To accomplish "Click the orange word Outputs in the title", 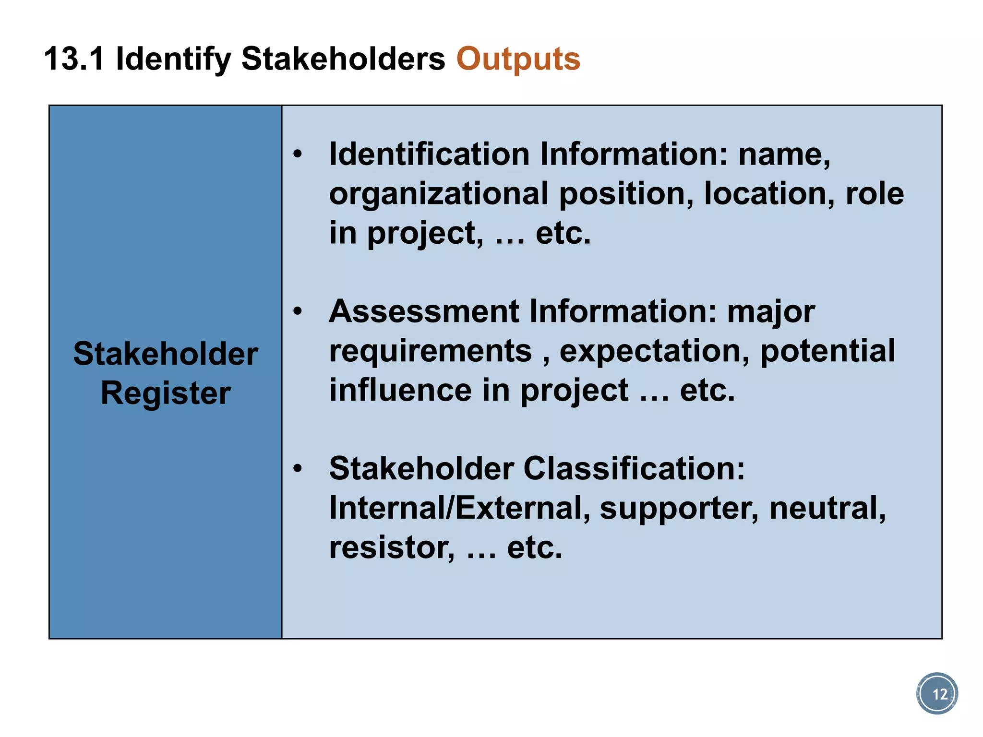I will (518, 59).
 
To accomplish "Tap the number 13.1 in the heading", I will (74, 59).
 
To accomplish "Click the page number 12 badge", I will (937, 694).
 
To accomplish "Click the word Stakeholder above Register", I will (166, 354).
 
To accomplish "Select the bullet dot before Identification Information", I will (298, 155).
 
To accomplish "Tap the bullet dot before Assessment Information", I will (298, 311).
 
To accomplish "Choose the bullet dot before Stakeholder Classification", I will (298, 468).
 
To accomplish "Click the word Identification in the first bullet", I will (429, 155).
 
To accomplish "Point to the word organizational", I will (439, 194).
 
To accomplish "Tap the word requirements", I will (431, 352).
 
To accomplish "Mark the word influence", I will (400, 390).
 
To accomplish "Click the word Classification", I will (634, 468).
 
